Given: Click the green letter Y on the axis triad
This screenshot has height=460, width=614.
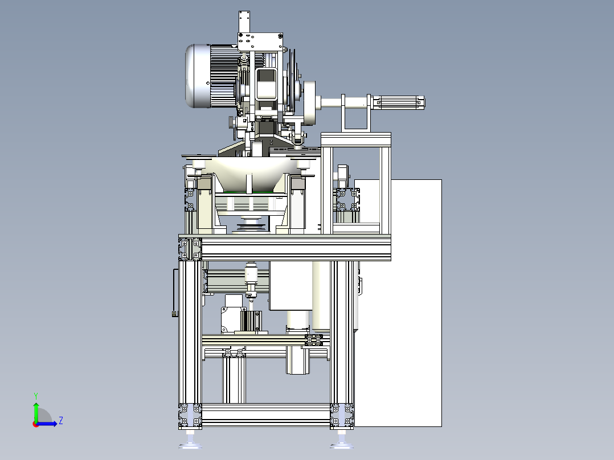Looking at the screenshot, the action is click(36, 396).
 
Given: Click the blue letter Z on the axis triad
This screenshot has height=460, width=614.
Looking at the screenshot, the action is click(61, 421).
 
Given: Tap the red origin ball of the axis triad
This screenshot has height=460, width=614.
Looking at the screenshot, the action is click(36, 424).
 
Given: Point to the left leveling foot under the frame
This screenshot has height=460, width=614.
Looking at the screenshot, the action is click(190, 441).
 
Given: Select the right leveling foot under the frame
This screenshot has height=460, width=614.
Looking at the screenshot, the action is click(342, 441).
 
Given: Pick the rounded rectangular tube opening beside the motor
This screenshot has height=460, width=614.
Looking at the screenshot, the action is click(267, 84).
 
